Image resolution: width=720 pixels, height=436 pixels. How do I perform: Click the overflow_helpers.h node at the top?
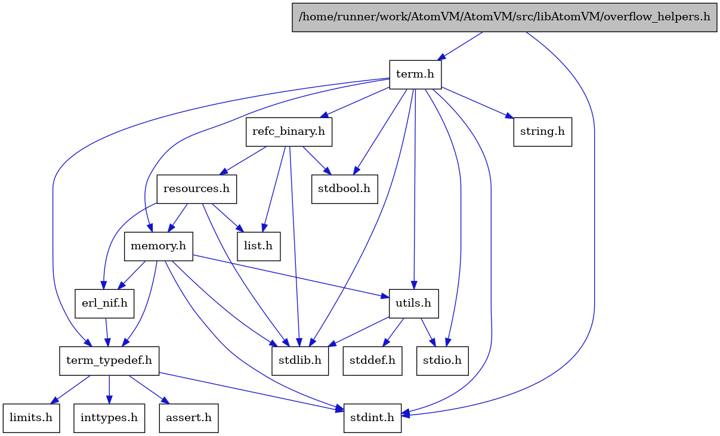(x=504, y=16)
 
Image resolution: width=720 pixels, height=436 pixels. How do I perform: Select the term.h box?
(x=415, y=75)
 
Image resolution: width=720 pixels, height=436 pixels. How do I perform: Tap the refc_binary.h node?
(x=289, y=131)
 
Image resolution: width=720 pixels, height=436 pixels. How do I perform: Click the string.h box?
(x=542, y=131)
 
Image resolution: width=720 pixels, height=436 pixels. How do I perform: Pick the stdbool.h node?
(x=344, y=188)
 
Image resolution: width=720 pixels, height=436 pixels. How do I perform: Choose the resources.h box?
(x=196, y=188)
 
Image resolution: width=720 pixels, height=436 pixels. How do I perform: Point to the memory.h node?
(x=158, y=246)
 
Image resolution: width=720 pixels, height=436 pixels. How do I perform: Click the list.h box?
(x=259, y=246)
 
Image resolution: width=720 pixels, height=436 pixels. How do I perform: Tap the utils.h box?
(x=414, y=303)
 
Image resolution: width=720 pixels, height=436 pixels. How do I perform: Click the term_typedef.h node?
(x=109, y=360)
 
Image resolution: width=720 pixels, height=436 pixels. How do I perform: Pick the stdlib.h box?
(x=301, y=360)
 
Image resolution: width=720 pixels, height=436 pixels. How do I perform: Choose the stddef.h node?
(x=372, y=360)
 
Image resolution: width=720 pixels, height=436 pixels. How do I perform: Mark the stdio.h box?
(x=443, y=360)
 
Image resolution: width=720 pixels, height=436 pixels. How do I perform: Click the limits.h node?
(x=30, y=418)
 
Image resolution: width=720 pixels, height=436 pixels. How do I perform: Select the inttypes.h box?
(x=109, y=418)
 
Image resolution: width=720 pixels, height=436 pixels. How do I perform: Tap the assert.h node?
(x=189, y=418)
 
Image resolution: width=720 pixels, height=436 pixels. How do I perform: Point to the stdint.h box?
(x=372, y=418)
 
